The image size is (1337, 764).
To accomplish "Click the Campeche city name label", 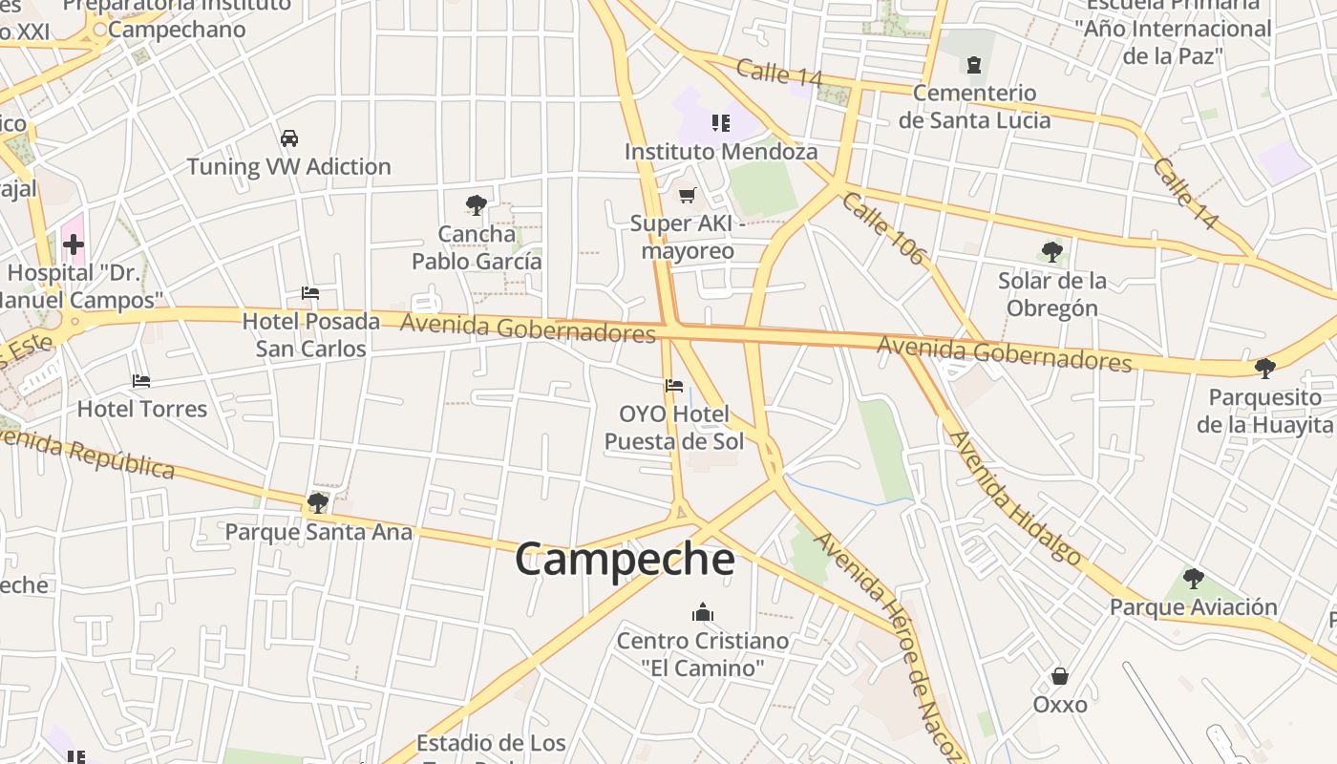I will (x=625, y=560).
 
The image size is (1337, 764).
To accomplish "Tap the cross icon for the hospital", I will (x=74, y=244).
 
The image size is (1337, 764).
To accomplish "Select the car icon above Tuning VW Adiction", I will (x=289, y=138).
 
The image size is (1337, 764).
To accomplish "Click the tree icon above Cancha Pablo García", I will (x=476, y=204).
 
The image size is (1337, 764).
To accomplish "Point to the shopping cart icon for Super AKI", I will (x=687, y=196).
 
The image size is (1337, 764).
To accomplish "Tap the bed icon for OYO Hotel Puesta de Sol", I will (x=674, y=386).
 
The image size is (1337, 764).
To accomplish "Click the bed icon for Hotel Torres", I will (x=141, y=381).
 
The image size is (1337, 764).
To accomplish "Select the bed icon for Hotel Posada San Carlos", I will (x=309, y=293).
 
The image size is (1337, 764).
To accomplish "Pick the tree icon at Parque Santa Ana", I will (x=318, y=502).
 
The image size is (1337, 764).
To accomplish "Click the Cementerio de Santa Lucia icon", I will (x=973, y=65).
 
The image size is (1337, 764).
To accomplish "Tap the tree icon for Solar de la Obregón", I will (x=1052, y=252).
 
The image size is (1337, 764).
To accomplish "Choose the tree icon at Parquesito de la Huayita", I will (x=1265, y=369).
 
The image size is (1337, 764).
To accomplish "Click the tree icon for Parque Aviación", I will (x=1193, y=578).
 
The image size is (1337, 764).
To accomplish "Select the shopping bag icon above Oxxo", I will (x=1059, y=676).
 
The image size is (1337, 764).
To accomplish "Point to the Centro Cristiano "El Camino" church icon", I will (x=703, y=612).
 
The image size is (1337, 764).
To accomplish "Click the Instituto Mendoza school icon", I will (x=720, y=122).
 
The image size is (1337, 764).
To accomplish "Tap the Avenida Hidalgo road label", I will (x=1015, y=498).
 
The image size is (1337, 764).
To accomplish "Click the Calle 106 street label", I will (x=884, y=228).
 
